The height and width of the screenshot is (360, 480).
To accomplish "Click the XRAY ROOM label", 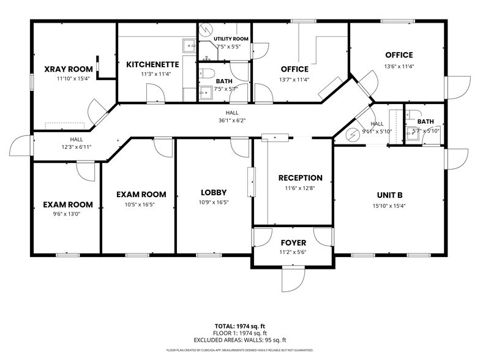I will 69,69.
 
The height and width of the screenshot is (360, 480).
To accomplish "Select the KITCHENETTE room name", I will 152,64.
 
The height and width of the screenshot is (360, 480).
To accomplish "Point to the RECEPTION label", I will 300,178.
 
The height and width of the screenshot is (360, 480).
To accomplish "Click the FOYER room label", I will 293,243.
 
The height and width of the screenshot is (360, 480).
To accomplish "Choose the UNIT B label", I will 391,195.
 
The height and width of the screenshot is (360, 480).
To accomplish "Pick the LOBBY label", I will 214,192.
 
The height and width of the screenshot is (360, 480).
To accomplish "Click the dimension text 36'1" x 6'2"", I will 231,121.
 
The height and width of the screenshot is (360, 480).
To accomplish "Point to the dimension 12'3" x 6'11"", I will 59,148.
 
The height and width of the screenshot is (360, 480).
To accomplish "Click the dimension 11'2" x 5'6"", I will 293,252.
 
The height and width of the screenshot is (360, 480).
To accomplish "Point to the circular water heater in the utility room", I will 206,30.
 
